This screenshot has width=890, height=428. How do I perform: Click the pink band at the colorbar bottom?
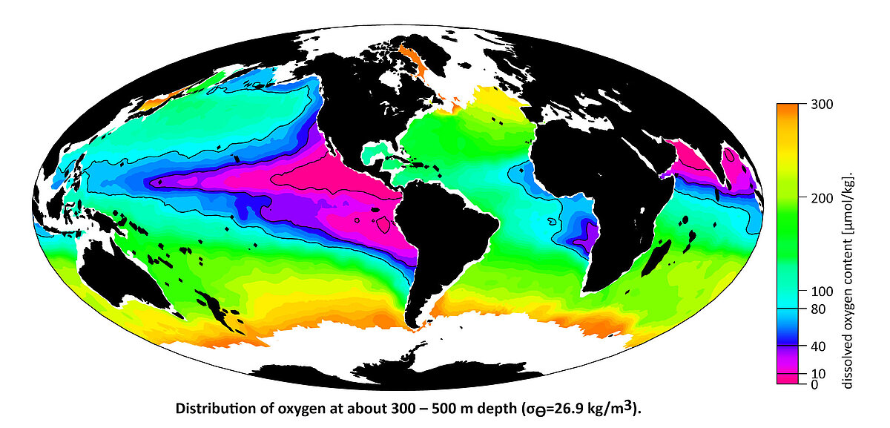coord(787,378)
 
